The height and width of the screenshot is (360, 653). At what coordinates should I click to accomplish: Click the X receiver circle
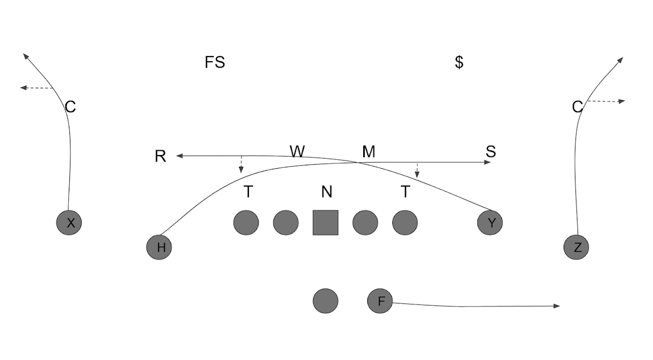click(69, 222)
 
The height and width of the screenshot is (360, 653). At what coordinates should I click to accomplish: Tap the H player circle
click(159, 247)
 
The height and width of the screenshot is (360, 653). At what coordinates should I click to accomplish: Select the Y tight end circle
click(490, 222)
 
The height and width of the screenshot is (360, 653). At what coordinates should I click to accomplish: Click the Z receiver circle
click(576, 247)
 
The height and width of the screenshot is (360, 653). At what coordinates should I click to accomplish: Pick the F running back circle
click(380, 300)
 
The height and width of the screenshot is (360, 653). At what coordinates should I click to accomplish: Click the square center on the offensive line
click(325, 222)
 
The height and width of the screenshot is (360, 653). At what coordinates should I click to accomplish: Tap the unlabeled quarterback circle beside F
click(325, 300)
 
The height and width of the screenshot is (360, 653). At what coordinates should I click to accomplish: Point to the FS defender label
click(215, 62)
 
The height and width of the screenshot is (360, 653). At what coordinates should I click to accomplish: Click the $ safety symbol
click(459, 62)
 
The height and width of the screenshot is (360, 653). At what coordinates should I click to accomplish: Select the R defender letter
click(160, 157)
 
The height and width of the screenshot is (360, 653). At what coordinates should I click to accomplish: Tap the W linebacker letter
click(297, 151)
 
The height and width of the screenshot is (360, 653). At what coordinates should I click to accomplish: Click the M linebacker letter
click(369, 151)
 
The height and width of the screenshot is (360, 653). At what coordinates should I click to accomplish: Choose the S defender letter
click(491, 151)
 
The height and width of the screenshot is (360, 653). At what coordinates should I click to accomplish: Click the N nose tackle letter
click(327, 192)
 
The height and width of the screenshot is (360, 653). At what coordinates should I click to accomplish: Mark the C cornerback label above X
click(70, 107)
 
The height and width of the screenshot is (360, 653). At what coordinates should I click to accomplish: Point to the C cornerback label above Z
click(577, 107)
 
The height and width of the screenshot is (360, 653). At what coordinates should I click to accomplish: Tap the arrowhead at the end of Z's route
click(620, 59)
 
